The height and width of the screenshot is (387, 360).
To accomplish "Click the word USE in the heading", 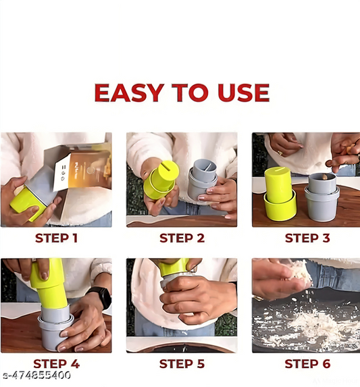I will [240, 93].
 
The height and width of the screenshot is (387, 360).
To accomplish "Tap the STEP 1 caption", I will [56, 238].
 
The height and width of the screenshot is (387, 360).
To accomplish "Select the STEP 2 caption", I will [181, 238].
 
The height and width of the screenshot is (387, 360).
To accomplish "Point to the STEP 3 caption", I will [307, 238].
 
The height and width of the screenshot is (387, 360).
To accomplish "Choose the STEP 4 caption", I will [56, 364].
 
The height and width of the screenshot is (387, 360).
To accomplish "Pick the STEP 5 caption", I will [181, 364].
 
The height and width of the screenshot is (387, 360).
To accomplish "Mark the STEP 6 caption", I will [307, 364].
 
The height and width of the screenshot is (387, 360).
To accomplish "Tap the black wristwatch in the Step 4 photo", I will [99, 296].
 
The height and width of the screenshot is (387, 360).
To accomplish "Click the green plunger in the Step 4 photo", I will [48, 284].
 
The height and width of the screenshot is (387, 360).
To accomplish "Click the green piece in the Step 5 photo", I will [175, 267].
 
